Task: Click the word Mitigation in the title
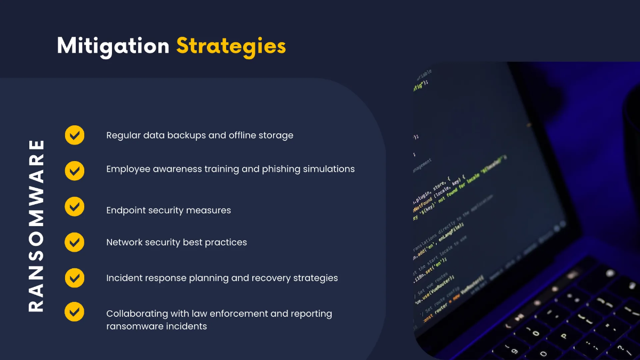pyautogui.click(x=113, y=46)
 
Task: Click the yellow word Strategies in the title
pyautogui.click(x=231, y=46)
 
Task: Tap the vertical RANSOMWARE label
pyautogui.click(x=36, y=225)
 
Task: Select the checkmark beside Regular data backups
pyautogui.click(x=75, y=135)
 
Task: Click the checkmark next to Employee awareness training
pyautogui.click(x=75, y=170)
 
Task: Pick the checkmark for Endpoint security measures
pyautogui.click(x=75, y=206)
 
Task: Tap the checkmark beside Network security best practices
pyautogui.click(x=75, y=242)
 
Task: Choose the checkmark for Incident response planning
pyautogui.click(x=75, y=277)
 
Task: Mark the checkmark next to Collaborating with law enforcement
pyautogui.click(x=75, y=312)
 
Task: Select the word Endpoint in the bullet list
pyautogui.click(x=126, y=210)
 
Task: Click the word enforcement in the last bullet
pyautogui.click(x=240, y=314)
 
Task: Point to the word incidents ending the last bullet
pyautogui.click(x=187, y=326)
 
